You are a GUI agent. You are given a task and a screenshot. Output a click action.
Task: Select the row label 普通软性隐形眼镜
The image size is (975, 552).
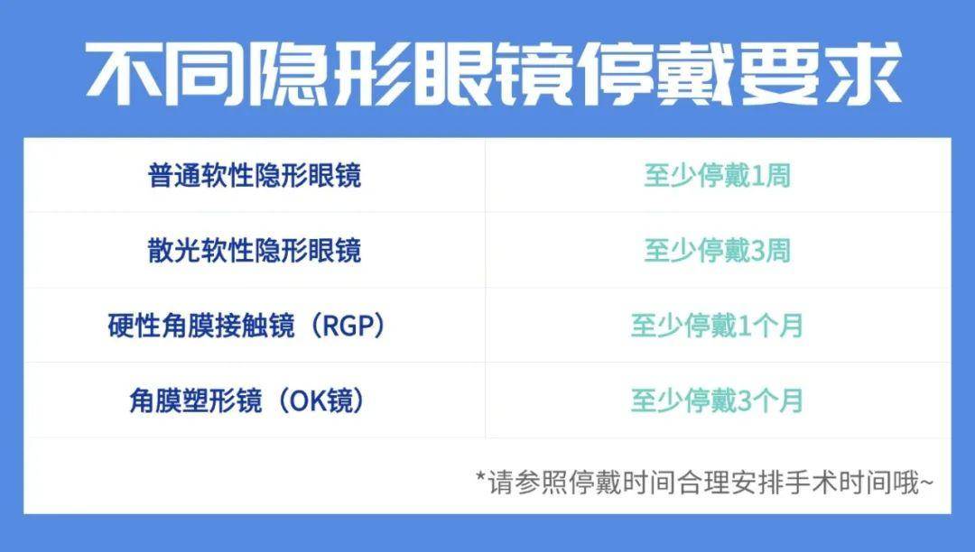pos(255,175)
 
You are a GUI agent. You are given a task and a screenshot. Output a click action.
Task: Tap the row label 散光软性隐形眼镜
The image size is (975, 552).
pos(255,250)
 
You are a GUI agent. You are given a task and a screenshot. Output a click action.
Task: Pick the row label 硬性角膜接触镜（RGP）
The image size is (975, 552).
pos(246,326)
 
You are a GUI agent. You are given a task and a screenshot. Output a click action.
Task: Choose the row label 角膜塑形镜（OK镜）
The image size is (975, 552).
pos(246,400)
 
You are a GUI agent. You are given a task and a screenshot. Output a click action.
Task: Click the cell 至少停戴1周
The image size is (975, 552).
pos(717,175)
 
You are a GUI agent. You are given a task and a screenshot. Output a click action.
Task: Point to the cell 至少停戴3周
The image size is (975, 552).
pos(717,250)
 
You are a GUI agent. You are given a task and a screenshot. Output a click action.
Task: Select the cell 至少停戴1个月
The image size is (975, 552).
pos(717,326)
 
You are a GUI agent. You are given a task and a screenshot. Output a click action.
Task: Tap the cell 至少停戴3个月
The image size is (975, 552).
pos(717,400)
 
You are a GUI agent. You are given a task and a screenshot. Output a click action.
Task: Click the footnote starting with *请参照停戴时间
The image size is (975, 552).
pos(704,483)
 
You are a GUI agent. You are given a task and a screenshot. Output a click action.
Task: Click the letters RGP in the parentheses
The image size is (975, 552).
pos(349,326)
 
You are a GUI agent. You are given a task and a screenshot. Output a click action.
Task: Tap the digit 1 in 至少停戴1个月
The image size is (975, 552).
pos(744,326)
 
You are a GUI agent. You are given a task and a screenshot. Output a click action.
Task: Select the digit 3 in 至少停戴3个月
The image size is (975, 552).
pos(744,401)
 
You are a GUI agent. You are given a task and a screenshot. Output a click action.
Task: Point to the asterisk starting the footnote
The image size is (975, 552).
pos(480,477)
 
